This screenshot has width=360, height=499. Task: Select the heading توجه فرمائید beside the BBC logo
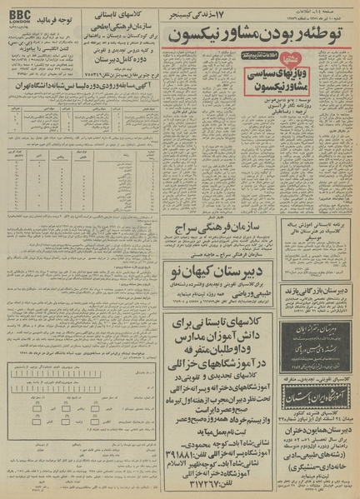(x=67, y=16)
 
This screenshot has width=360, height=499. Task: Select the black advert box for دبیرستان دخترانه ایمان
(x=314, y=321)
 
